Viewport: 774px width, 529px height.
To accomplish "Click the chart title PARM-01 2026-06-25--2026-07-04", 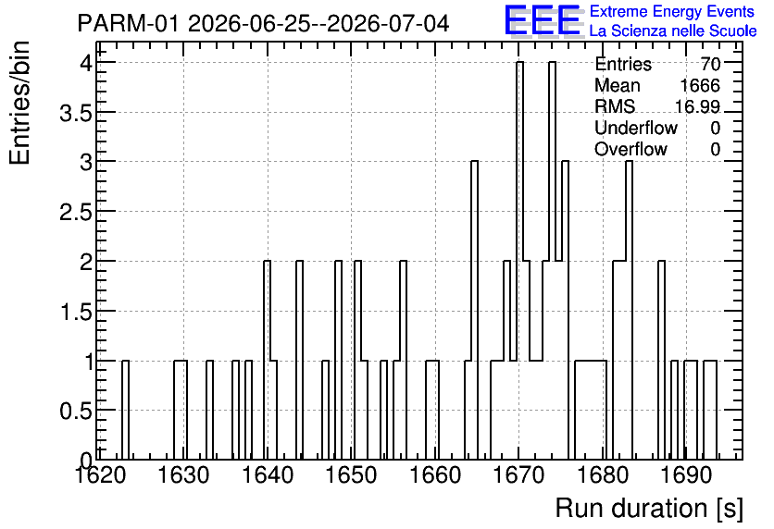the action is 263,23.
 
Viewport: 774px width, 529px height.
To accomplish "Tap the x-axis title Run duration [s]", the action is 649,509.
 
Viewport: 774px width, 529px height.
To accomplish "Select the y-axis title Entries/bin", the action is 20,104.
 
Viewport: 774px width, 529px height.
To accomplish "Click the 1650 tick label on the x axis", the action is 352,475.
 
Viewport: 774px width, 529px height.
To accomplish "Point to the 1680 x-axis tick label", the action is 603,475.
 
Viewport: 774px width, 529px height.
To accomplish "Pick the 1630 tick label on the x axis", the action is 184,475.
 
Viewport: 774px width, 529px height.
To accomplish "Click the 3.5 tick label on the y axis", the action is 76,113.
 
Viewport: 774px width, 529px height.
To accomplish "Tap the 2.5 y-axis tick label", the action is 76,212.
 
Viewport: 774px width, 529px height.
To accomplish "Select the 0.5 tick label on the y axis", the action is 76,411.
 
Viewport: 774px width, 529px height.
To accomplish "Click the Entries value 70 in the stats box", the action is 710,64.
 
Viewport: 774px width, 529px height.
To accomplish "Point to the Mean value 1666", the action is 700,85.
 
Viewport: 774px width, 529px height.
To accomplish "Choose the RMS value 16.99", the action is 697,106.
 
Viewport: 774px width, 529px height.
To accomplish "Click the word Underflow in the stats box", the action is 636,128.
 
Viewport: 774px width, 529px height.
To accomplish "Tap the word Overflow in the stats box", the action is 630,149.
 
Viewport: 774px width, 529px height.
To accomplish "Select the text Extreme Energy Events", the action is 672,11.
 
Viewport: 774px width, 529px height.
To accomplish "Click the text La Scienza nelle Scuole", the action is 673,31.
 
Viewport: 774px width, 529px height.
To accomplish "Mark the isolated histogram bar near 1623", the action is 125,411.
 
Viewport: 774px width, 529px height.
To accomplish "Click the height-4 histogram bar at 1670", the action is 519,261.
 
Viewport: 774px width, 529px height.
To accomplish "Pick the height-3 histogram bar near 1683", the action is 629,311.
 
